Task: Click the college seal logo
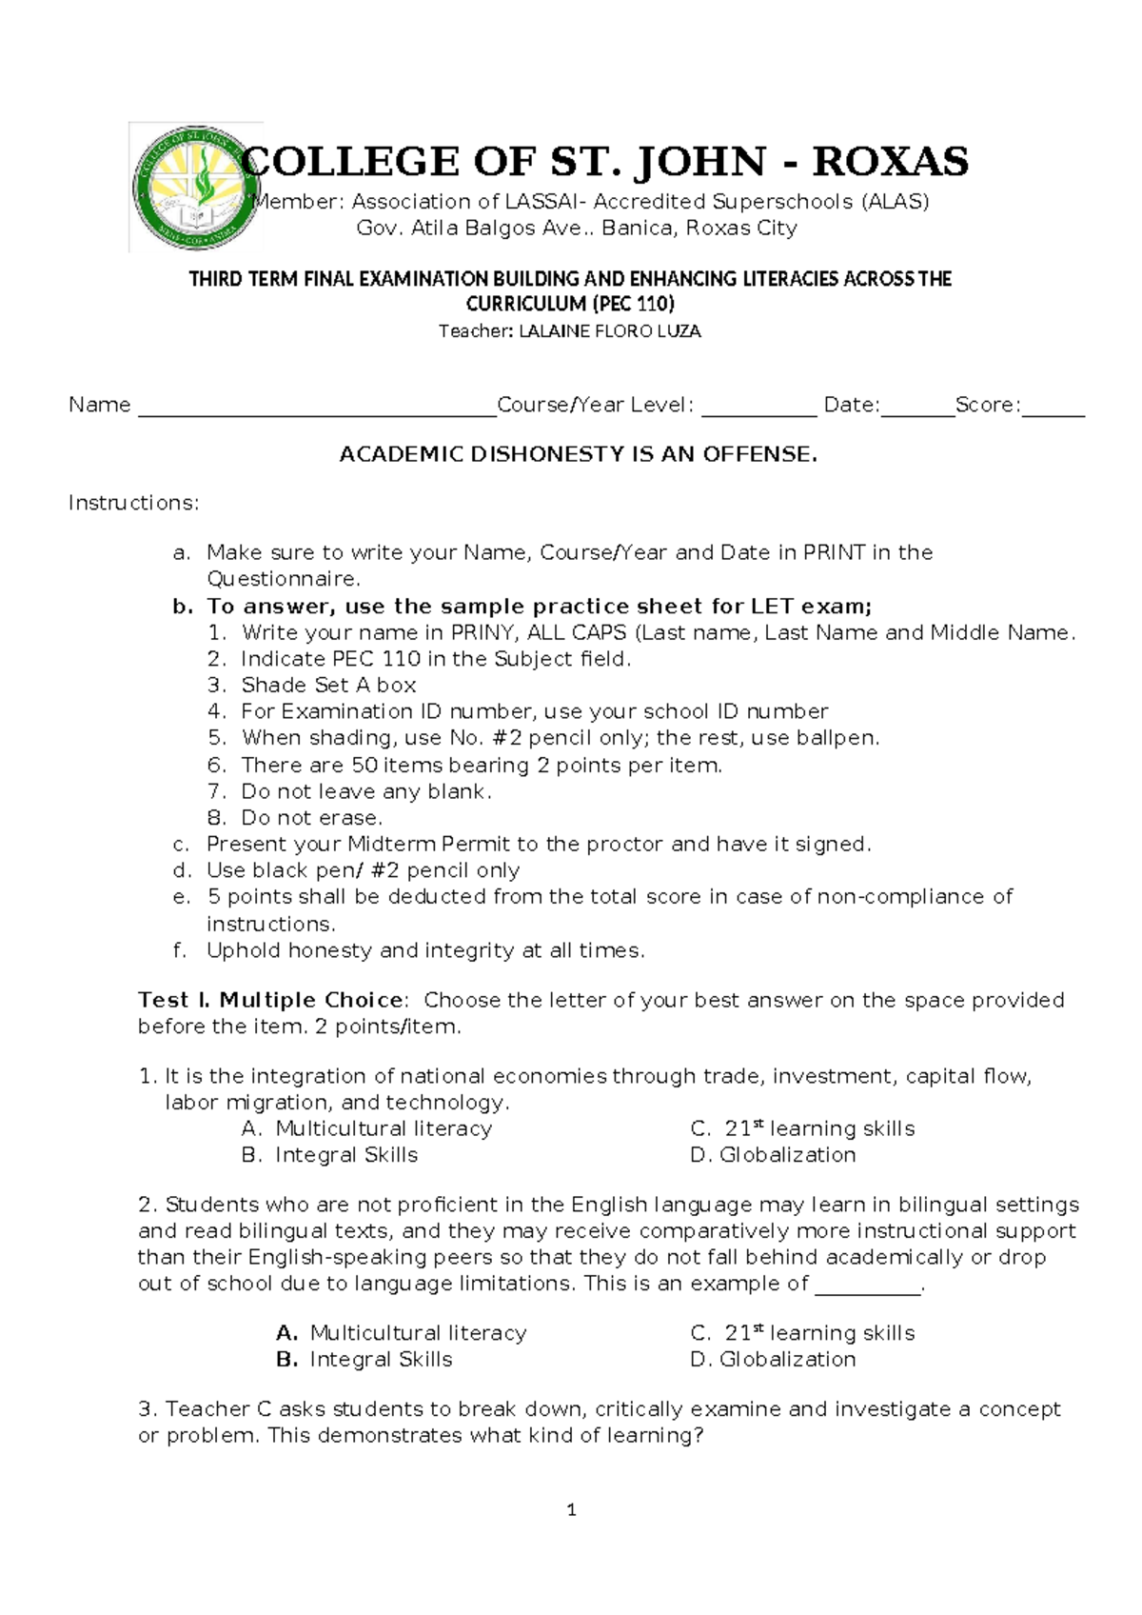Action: (195, 188)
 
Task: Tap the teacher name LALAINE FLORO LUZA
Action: (609, 331)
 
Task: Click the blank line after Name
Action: (317, 409)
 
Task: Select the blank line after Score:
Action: (1053, 409)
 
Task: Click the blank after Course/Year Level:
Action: (758, 409)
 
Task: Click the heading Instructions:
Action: (134, 503)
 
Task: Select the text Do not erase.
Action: (312, 817)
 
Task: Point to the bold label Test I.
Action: (174, 1000)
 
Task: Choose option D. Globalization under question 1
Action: (773, 1154)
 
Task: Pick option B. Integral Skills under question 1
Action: (330, 1154)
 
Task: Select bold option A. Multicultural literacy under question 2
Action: (401, 1332)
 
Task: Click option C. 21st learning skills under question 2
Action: (802, 1332)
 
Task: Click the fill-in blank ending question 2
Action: (868, 1286)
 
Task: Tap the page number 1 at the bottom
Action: (571, 1509)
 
